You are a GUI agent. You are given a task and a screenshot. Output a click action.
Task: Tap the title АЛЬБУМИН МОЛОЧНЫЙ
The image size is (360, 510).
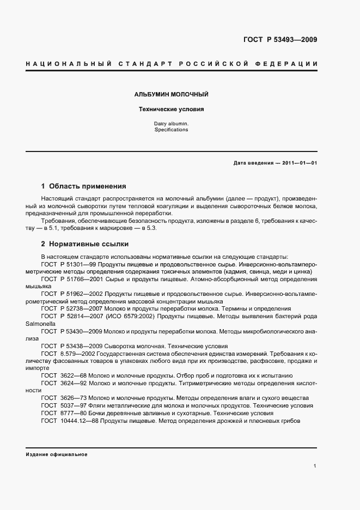click(171, 95)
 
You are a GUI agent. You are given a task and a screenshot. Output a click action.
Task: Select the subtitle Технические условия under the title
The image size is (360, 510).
click(171, 110)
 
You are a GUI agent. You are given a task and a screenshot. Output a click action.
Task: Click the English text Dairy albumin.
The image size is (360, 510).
click(171, 124)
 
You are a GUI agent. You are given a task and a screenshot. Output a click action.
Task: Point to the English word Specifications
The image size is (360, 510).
click(171, 130)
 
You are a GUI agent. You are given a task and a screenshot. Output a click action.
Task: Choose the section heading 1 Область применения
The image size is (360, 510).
click(83, 186)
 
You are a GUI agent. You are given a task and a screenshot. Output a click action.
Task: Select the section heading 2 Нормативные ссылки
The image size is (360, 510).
click(85, 244)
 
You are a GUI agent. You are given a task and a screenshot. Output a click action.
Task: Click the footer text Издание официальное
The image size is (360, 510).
click(56, 454)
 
